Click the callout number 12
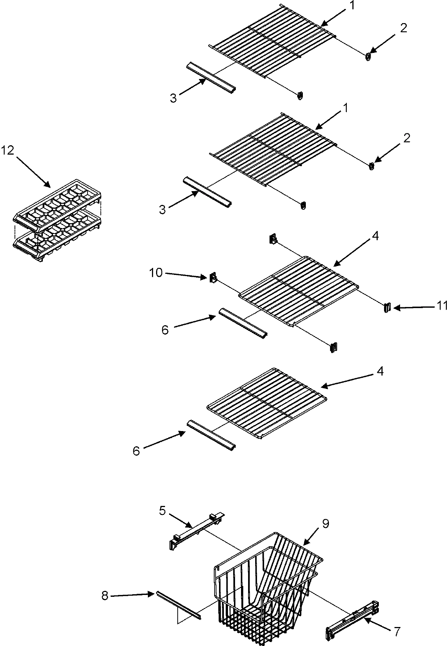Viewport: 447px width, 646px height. click(x=7, y=151)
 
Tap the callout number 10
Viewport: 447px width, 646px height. click(x=156, y=273)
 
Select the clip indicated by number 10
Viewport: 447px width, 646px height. click(x=213, y=278)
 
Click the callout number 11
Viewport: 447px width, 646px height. click(x=442, y=306)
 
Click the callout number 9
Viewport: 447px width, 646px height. click(x=326, y=524)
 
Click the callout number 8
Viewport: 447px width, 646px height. click(x=105, y=596)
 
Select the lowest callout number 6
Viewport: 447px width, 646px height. click(x=136, y=451)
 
